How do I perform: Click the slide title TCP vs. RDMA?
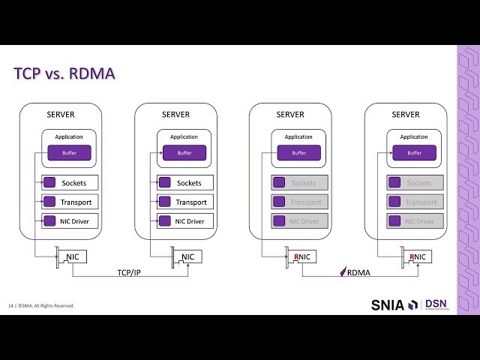64,74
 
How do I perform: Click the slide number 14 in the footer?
11,305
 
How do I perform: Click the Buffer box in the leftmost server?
69,153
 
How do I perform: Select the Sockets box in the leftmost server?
69,183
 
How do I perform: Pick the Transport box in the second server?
184,202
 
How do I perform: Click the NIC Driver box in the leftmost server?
69,221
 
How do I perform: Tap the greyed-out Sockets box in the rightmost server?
415,183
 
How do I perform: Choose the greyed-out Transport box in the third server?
300,202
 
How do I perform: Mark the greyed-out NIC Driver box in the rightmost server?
415,221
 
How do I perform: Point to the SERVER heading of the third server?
290,115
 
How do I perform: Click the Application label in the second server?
184,136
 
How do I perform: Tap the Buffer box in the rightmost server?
415,153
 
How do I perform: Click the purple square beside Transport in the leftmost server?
49,202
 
